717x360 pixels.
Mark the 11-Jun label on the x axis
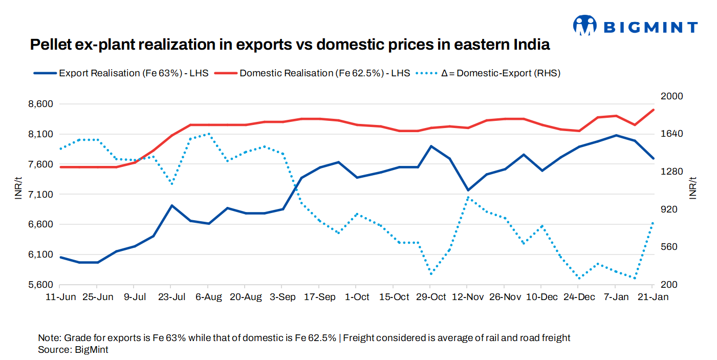[60, 298]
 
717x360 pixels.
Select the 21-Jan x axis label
[652, 298]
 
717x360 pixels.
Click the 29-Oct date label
[431, 298]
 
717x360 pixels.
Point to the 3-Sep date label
[283, 298]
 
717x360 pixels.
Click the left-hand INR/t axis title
[18, 189]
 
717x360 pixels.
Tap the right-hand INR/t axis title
[694, 189]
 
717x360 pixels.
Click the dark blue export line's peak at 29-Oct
[431, 146]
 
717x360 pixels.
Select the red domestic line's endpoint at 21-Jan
[653, 110]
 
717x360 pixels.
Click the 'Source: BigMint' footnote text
[73, 350]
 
